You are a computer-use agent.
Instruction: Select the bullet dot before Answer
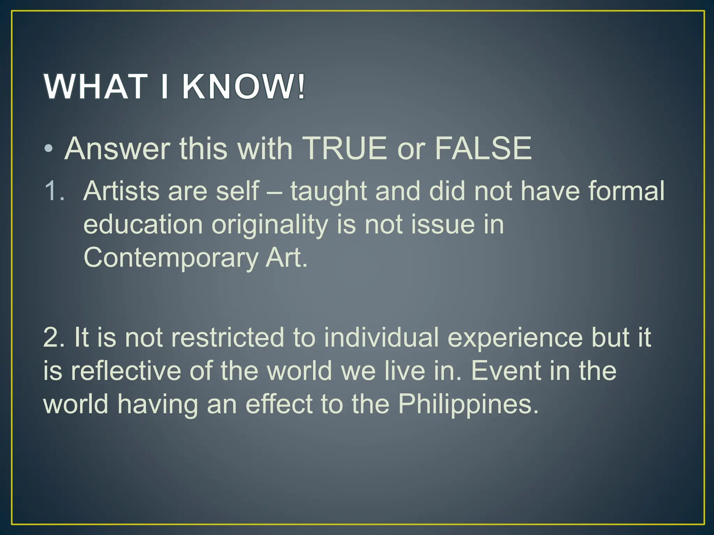(49, 149)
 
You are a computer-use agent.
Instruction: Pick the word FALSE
(483, 149)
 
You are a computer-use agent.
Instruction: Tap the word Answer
(117, 149)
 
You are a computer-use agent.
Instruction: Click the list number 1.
(54, 191)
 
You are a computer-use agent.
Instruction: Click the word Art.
(286, 258)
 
